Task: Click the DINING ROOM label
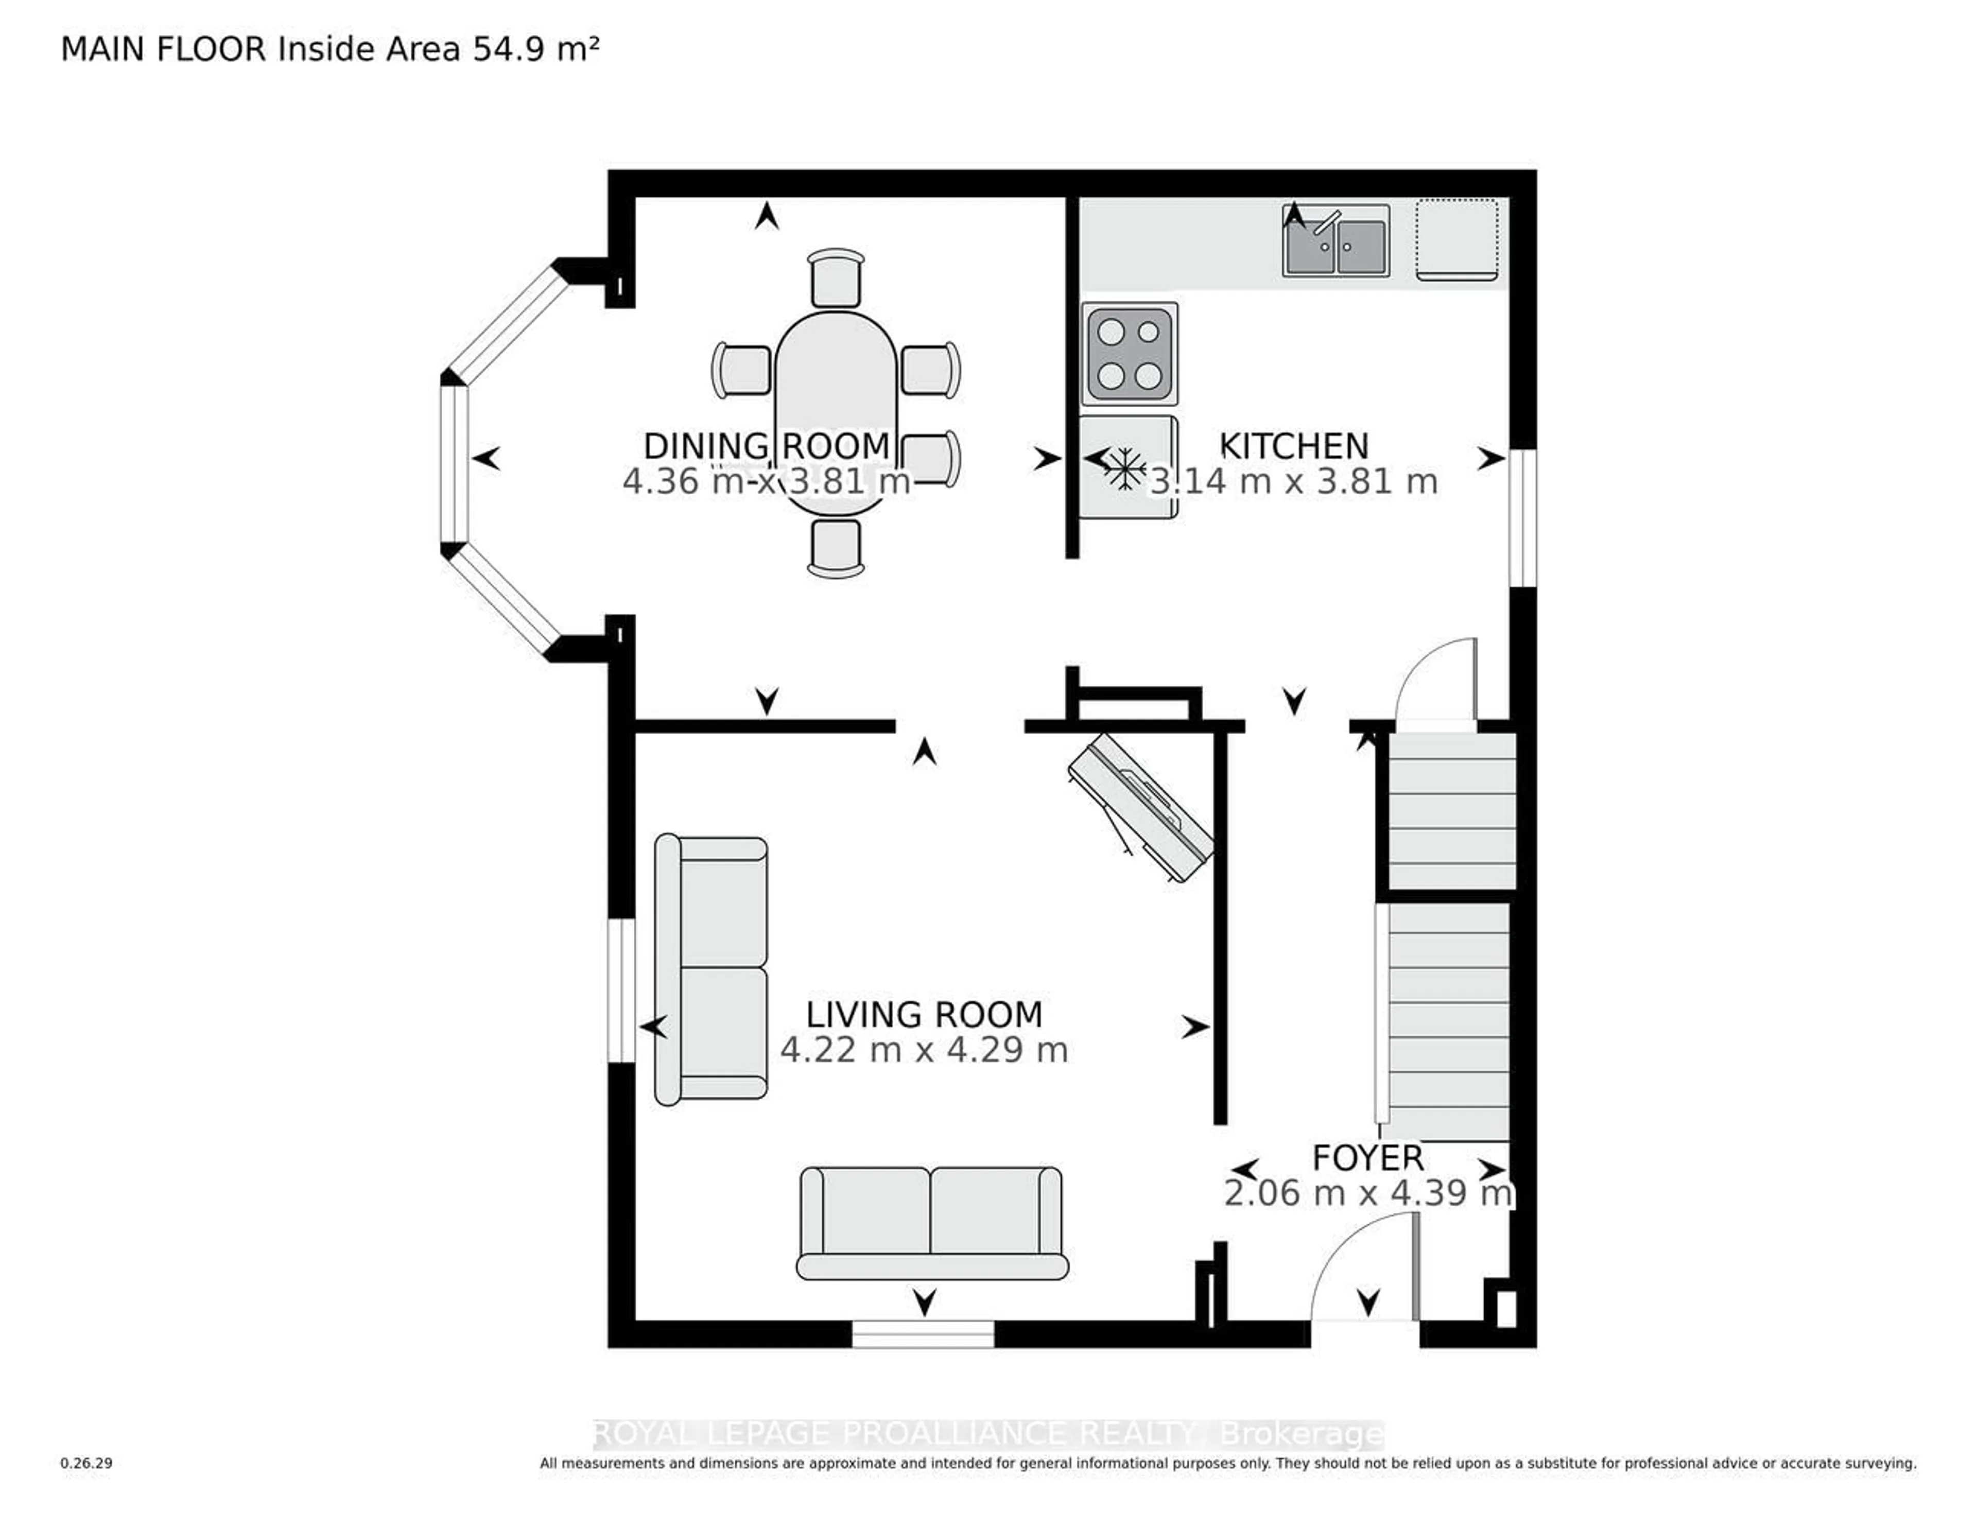(766, 446)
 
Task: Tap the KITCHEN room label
(1294, 446)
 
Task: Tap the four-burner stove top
(1130, 354)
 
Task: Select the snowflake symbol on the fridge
(1123, 468)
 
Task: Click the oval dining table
(836, 398)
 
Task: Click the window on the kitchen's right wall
(1523, 518)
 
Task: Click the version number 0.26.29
(86, 1463)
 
